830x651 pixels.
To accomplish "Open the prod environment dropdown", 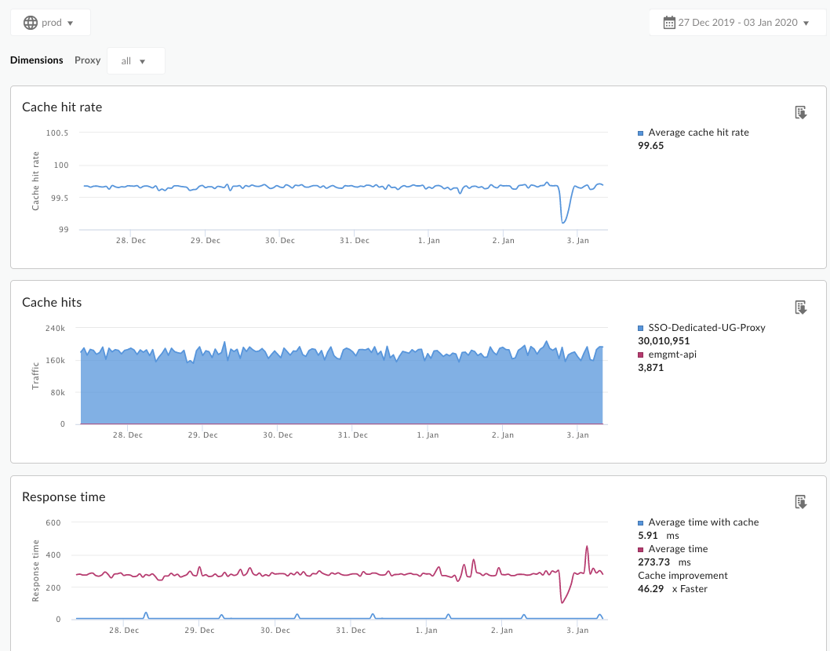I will click(x=50, y=23).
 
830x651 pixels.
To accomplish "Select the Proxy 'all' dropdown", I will click(x=135, y=60).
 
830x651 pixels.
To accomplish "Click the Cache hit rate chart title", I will click(x=62, y=107).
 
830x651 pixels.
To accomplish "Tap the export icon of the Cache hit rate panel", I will click(x=801, y=113).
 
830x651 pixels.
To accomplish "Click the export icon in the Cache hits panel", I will click(x=801, y=307).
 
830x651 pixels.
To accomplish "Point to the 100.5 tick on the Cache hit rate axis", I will click(x=57, y=133).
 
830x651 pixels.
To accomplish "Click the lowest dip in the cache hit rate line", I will click(x=563, y=223).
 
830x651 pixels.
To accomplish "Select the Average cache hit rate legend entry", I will click(x=698, y=133).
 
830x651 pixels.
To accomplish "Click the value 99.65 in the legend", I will click(x=651, y=146).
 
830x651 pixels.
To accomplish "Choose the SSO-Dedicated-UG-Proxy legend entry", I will click(x=706, y=327).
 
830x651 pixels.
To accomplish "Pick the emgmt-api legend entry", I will click(x=667, y=354).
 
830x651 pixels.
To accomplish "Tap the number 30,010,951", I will click(x=664, y=340).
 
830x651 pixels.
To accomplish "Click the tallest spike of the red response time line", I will click(x=587, y=547).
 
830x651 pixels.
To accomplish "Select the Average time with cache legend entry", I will click(x=703, y=522).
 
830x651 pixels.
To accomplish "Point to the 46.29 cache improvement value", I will click(x=651, y=588).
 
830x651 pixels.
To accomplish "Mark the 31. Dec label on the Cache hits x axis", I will click(x=354, y=435).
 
